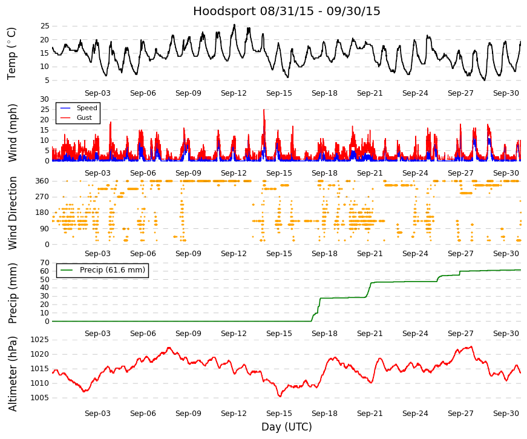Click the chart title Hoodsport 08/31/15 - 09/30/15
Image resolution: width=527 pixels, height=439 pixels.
tap(286, 11)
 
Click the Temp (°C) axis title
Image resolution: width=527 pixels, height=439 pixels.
tap(11, 53)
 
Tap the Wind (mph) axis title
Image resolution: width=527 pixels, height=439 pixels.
tap(12, 133)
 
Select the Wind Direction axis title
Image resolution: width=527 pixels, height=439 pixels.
tap(12, 213)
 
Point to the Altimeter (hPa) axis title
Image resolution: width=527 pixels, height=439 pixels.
tap(12, 374)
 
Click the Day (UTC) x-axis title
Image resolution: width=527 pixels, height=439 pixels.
tap(287, 427)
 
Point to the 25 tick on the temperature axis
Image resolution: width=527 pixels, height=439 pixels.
tap(45, 26)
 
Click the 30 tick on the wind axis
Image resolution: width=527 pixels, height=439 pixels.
tap(45, 99)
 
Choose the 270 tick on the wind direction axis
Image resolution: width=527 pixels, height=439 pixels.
tap(42, 197)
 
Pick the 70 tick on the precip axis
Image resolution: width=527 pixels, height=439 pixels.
tap(45, 263)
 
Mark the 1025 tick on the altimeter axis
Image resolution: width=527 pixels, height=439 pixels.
tap(40, 340)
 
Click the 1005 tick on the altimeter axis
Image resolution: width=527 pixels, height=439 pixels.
tap(40, 398)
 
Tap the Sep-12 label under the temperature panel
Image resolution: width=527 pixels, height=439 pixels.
tap(234, 93)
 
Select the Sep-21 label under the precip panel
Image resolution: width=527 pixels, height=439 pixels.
tap(370, 334)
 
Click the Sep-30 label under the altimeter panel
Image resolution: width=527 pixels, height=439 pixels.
tap(506, 414)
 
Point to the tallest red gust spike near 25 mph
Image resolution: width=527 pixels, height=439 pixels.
tap(264, 110)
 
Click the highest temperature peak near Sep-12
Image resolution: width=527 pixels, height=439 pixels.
tap(235, 25)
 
